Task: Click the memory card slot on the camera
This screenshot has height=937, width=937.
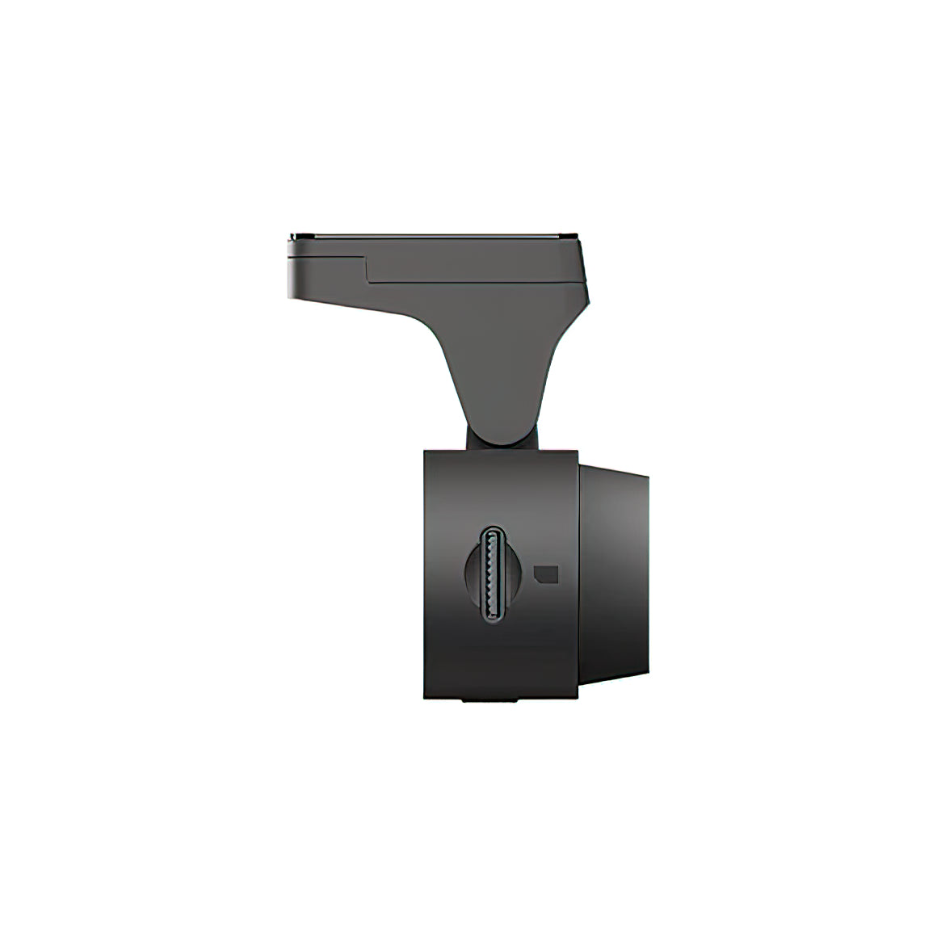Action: pyautogui.click(x=492, y=574)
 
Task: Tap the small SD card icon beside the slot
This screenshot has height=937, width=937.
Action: pyautogui.click(x=547, y=573)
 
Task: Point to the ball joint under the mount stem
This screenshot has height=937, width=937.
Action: pyautogui.click(x=473, y=437)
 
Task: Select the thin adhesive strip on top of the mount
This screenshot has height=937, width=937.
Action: pyautogui.click(x=436, y=235)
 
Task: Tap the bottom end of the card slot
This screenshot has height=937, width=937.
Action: pyautogui.click(x=492, y=619)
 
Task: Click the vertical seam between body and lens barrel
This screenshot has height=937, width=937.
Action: pyautogui.click(x=579, y=574)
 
